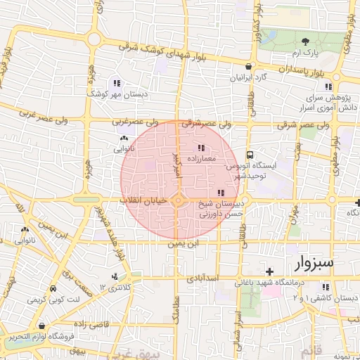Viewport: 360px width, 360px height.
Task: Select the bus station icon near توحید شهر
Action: [250, 155]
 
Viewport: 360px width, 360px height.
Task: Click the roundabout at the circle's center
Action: [178, 201]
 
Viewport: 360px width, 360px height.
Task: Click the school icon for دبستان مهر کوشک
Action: [116, 83]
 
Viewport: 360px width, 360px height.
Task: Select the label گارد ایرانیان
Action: [250, 77]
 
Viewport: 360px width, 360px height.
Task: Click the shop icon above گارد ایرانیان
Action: [248, 67]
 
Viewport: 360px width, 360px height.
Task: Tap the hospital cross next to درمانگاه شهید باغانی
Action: [269, 271]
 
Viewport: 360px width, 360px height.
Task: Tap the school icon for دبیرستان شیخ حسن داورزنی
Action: [221, 193]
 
